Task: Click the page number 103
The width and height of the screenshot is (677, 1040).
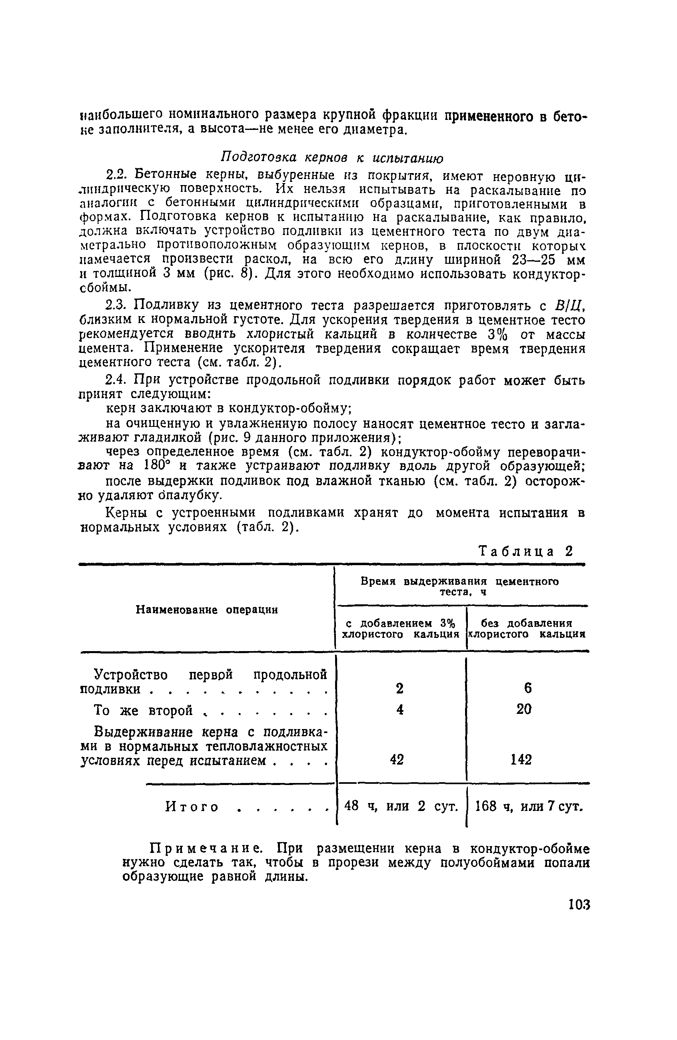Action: [x=579, y=904]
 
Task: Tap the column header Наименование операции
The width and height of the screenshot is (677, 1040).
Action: [x=207, y=610]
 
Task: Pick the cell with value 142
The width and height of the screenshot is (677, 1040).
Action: [x=521, y=760]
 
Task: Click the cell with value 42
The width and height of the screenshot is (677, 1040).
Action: [x=396, y=760]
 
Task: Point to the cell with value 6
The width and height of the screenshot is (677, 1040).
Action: [x=527, y=688]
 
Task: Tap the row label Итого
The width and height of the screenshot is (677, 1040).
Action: [x=192, y=807]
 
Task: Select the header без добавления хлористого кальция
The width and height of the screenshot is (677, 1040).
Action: [x=527, y=628]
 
